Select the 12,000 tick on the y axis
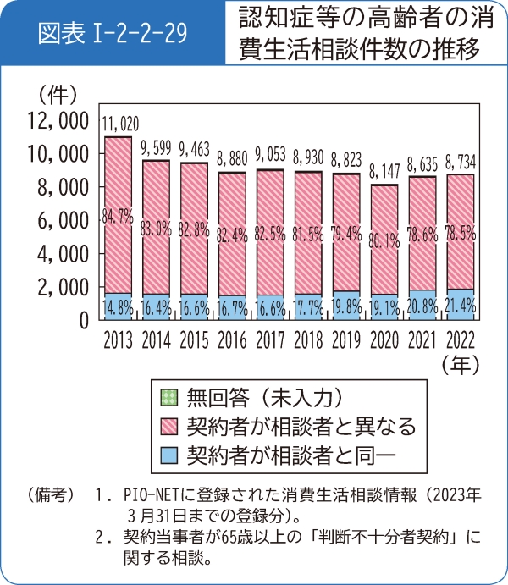click(58, 120)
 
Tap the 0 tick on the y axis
click(83, 320)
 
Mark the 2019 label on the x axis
click(347, 340)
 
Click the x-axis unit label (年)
click(462, 366)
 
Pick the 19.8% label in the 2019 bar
click(347, 306)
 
